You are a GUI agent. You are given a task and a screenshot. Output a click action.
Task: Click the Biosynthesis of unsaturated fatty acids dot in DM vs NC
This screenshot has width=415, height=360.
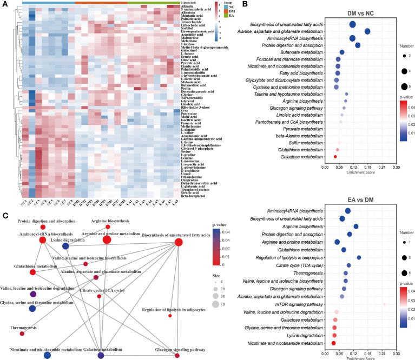tap(353, 24)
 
